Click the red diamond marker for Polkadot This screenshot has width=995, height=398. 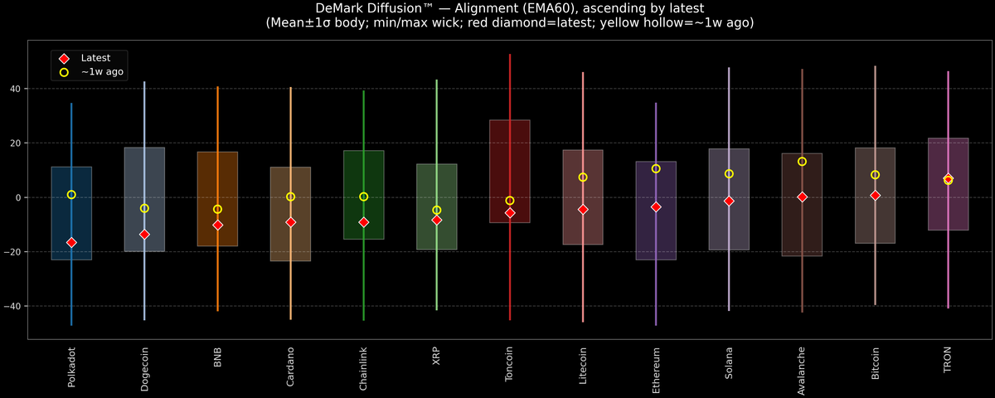(x=71, y=242)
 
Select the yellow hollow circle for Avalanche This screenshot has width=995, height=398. (x=802, y=162)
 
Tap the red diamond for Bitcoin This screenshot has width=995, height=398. (x=875, y=196)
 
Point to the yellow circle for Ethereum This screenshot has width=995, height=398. (x=656, y=169)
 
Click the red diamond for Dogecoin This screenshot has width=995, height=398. (x=144, y=235)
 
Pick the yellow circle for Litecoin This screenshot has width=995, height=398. (x=583, y=177)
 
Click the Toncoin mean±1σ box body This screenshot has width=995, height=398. (x=510, y=171)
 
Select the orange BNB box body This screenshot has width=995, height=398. (x=217, y=199)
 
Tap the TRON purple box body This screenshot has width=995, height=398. (x=948, y=184)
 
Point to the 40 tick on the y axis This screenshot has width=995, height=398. (x=16, y=89)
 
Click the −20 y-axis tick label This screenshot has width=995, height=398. (x=12, y=252)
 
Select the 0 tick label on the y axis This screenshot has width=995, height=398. (x=18, y=197)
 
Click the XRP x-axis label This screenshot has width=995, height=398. (x=436, y=357)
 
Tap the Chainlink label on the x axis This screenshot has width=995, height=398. (x=363, y=369)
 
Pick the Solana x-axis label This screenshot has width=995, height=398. (x=729, y=363)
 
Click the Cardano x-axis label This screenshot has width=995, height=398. (x=290, y=366)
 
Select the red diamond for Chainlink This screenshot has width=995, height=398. (x=363, y=222)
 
